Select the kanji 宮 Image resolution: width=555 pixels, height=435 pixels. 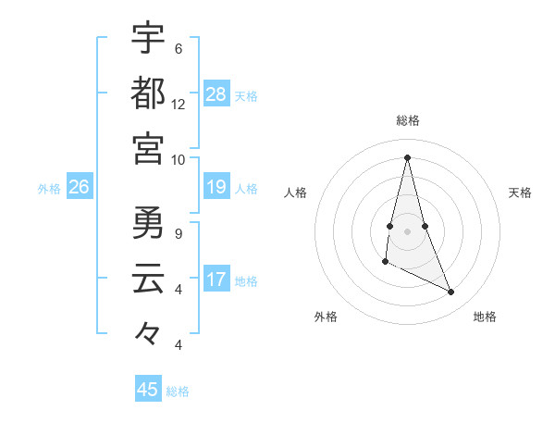coord(148,148)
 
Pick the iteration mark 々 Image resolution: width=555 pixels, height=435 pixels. coord(148,333)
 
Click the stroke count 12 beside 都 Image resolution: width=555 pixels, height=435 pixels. coord(179,105)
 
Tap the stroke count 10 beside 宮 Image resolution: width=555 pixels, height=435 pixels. coord(179,160)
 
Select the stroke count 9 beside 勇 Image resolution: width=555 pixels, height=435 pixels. coord(179,234)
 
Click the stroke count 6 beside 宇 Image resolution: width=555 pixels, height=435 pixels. coord(179,49)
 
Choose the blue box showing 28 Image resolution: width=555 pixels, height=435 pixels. coord(216,94)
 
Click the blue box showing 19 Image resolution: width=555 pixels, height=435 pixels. coord(216,187)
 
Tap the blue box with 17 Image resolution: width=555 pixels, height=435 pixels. coord(216,280)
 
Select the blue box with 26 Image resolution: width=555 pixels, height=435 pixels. coord(79,187)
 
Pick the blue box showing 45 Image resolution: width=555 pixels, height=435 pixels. coord(148,390)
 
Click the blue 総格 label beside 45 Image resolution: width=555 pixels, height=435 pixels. coord(178,391)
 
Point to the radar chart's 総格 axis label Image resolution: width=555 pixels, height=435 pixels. coord(408,121)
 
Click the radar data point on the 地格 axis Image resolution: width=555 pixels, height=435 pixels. coord(451,292)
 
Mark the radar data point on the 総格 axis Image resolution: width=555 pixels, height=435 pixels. coord(408,156)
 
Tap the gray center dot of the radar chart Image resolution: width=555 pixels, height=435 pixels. coord(408,230)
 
